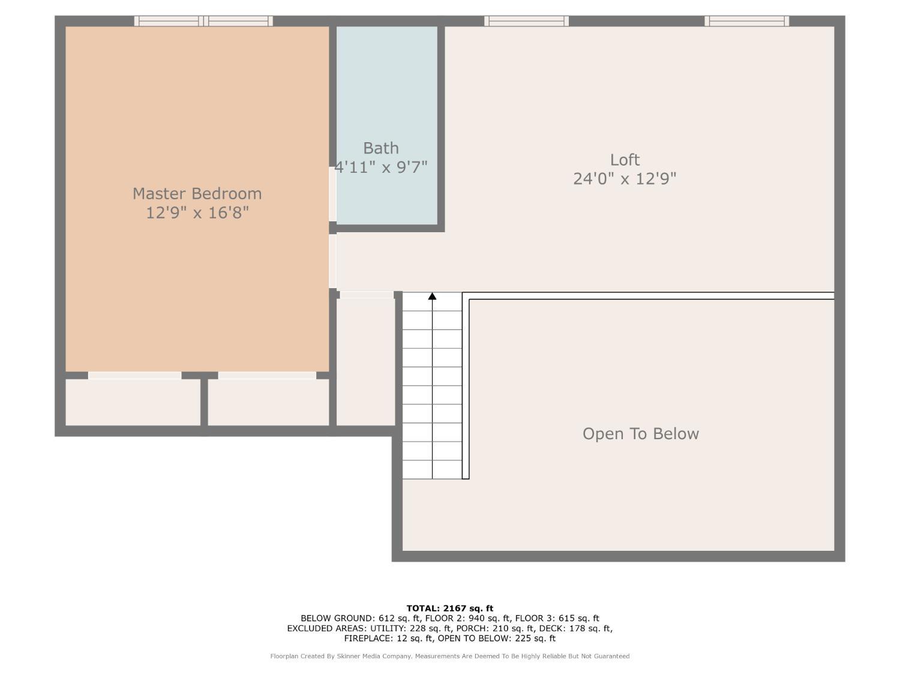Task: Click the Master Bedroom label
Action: (197, 194)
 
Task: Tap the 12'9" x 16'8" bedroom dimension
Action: (197, 212)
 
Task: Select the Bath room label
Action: (381, 148)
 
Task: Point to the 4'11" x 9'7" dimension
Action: (381, 167)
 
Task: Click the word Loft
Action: (625, 160)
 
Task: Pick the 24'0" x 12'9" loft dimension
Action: (625, 179)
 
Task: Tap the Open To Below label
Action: (640, 434)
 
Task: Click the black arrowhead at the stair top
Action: (432, 296)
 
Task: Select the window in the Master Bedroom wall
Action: (203, 21)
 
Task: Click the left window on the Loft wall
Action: (526, 21)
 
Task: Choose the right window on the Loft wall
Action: (746, 21)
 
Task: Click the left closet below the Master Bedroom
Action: (133, 402)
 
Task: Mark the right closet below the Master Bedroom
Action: (268, 402)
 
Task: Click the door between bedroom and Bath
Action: (332, 194)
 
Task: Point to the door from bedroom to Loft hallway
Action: (332, 261)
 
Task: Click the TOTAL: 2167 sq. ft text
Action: (449, 608)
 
